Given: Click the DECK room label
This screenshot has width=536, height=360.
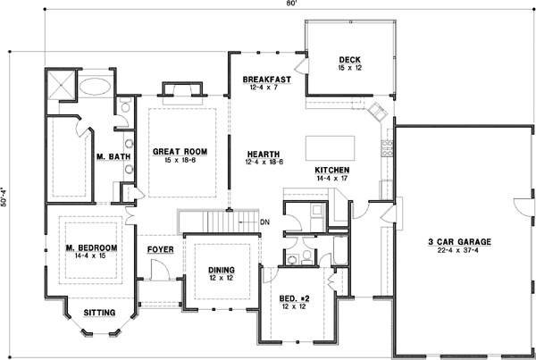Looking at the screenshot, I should coord(349,59).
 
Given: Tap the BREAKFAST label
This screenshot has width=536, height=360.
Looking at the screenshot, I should coord(267,80).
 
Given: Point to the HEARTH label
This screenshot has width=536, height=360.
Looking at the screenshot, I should coord(264,152).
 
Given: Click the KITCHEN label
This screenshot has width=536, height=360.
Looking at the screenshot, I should coord(331,170).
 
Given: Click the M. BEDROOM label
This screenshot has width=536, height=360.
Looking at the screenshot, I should coord(91,247).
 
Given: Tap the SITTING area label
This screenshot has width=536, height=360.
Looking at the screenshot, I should coord(98,313).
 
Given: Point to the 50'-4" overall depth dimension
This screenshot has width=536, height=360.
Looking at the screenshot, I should coord(7,201).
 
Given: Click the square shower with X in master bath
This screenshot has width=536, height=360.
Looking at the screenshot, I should coord(63,86).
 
